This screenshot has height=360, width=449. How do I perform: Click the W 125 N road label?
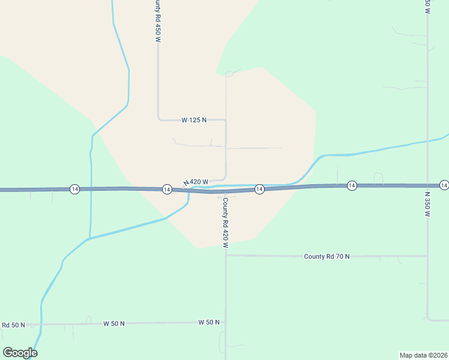click(x=194, y=120)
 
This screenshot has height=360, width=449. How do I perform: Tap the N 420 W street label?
click(x=196, y=182)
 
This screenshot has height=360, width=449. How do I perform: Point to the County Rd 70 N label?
click(x=327, y=256)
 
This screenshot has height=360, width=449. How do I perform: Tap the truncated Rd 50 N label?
click(x=13, y=325)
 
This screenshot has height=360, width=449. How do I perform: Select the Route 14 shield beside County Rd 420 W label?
click(x=259, y=189)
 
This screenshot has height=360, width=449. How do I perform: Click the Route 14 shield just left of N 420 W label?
click(x=167, y=189)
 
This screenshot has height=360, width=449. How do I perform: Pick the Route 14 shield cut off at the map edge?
click(x=444, y=185)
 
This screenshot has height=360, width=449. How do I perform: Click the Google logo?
click(x=20, y=353)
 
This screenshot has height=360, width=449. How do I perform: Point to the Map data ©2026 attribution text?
click(x=423, y=355)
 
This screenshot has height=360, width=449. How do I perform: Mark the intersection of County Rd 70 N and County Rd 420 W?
click(x=226, y=255)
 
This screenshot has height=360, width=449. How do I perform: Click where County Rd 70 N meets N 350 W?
click(x=427, y=256)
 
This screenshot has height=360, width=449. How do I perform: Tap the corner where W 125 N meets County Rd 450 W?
click(x=158, y=119)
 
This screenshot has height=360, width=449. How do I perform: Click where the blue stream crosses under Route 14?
click(x=190, y=191)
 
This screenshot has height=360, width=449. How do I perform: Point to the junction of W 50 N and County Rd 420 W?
click(x=226, y=322)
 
